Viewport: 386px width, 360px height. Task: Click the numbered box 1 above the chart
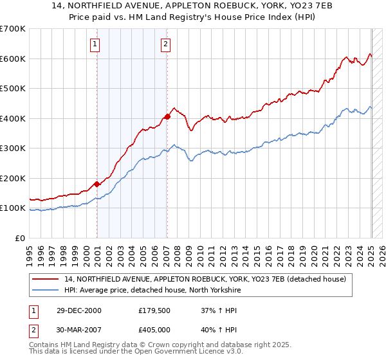tap(95, 44)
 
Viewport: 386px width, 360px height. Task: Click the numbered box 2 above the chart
tap(165, 44)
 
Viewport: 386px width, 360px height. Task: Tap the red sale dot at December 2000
tap(97, 184)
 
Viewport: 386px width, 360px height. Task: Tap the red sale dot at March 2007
tap(167, 116)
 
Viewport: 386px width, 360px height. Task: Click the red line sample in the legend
tap(47, 279)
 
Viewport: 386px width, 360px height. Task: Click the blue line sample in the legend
tap(47, 290)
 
